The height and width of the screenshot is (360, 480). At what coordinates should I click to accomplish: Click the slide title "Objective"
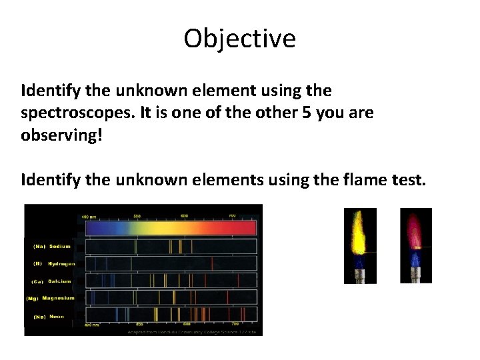pos(239,39)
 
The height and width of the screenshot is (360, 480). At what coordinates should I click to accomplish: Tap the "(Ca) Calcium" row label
pos(53,281)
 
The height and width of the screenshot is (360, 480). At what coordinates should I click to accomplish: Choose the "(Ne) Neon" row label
pos(49,317)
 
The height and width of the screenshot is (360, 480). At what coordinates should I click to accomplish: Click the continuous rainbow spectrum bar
pos(169,227)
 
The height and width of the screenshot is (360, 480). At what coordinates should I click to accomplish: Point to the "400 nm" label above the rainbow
pos(89,217)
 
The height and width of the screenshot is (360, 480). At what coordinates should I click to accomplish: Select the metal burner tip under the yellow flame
pos(359,275)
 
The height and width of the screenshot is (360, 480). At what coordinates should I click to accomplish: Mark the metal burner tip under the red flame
pos(416,275)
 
